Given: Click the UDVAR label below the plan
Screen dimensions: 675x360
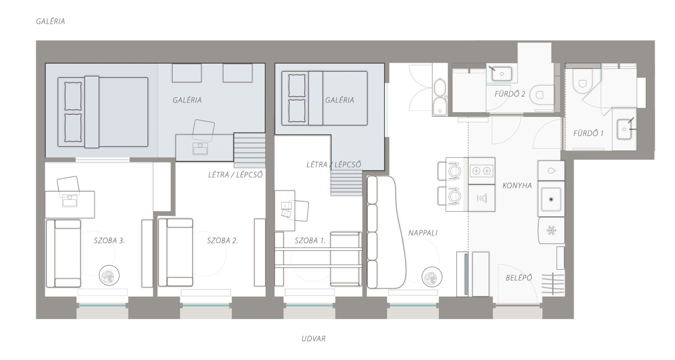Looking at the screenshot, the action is (x=313, y=339).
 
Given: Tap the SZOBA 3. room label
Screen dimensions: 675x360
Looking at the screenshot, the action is (x=109, y=241).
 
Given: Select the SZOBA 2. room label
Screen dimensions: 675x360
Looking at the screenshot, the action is (x=223, y=241).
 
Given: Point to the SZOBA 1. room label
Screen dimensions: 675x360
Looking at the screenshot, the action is (x=310, y=241).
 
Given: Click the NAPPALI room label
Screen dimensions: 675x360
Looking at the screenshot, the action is (x=423, y=233).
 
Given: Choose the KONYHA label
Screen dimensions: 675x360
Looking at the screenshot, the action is (x=517, y=186).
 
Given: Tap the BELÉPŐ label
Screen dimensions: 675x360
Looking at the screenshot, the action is (x=519, y=278).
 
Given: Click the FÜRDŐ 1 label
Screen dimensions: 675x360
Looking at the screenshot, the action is (x=588, y=133).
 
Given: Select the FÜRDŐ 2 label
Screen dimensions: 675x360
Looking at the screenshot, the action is (x=510, y=94).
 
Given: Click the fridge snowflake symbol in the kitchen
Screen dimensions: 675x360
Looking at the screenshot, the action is (x=551, y=231).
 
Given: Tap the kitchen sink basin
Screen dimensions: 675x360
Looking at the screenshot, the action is (x=551, y=199).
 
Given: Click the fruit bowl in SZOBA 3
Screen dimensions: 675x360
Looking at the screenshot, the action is (x=109, y=275).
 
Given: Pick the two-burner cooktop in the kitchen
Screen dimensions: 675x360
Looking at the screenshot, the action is (x=481, y=171).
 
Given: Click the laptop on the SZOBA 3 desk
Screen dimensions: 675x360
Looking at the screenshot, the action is (x=69, y=201).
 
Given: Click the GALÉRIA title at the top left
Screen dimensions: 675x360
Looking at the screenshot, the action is (x=50, y=21).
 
